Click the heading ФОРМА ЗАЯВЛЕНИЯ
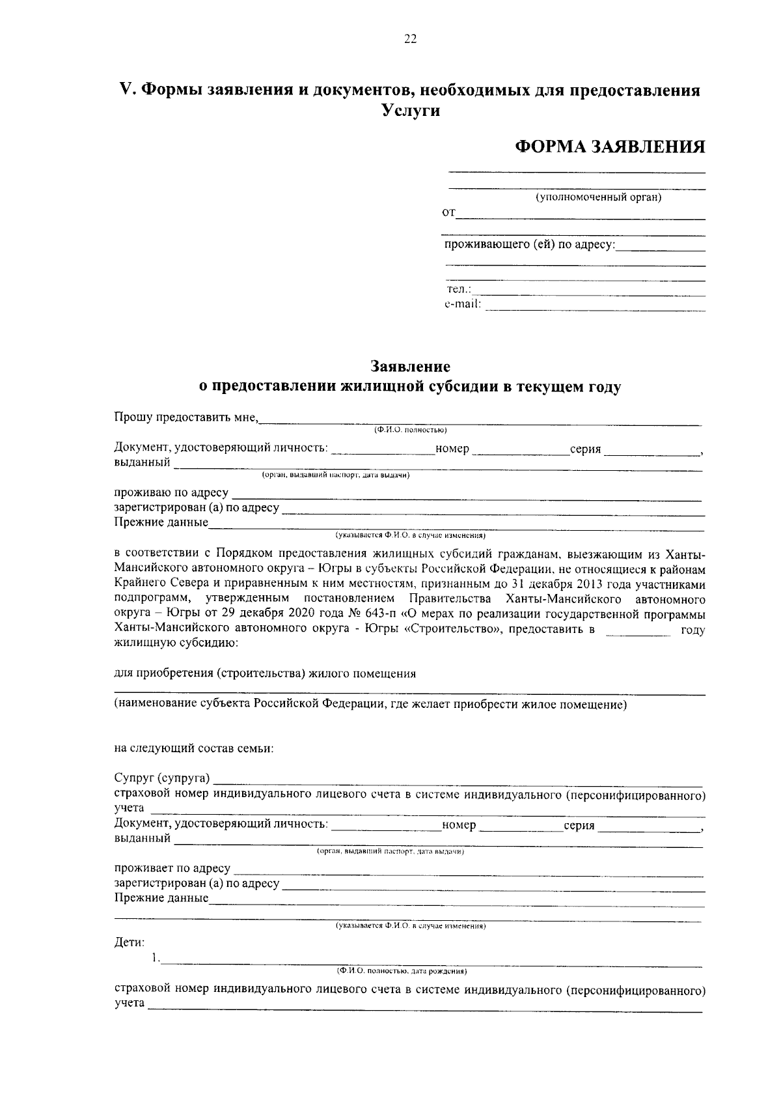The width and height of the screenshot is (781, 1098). (x=610, y=146)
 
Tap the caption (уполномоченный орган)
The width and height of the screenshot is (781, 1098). (x=598, y=197)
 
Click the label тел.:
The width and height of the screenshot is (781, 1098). (x=459, y=290)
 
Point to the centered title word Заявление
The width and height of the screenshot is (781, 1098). (x=410, y=367)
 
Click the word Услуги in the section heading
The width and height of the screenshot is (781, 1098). (x=410, y=111)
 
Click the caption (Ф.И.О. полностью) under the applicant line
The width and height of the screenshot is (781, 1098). (x=409, y=430)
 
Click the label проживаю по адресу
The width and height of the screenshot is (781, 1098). (x=171, y=493)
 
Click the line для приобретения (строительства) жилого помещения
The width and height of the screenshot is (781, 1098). (x=265, y=674)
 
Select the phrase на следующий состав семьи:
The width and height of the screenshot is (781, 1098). (x=194, y=748)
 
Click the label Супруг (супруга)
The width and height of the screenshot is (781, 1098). (x=162, y=779)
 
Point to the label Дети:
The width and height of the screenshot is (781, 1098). (x=130, y=942)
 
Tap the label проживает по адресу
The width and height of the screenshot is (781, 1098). (x=172, y=869)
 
